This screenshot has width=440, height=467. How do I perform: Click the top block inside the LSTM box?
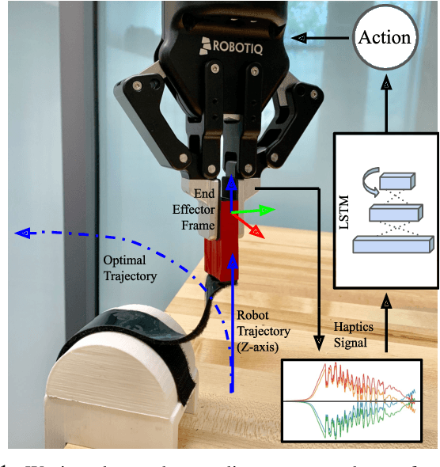[396, 181]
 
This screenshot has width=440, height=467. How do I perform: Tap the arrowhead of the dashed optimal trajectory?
[22, 233]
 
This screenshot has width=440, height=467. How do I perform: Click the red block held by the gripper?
[224, 245]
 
